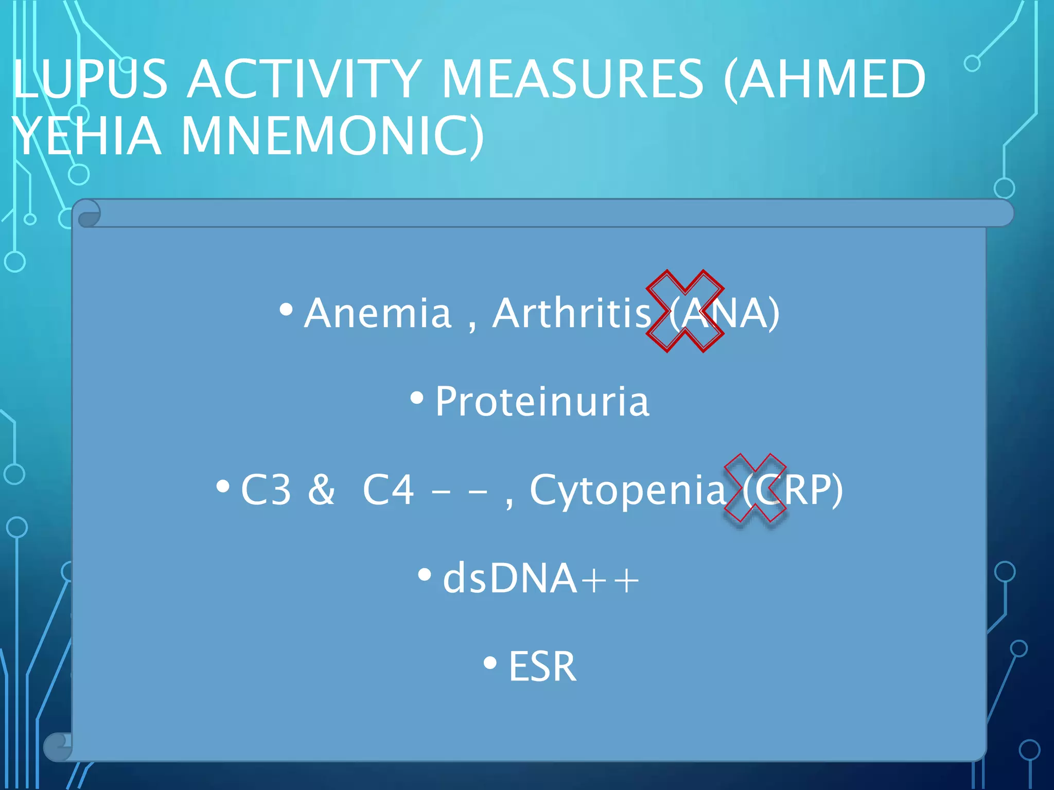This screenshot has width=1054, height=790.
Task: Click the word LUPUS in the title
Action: (91, 80)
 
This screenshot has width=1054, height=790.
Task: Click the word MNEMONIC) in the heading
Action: (332, 136)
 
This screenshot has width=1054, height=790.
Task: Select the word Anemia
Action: (378, 313)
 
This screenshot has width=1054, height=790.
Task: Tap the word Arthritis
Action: (572, 313)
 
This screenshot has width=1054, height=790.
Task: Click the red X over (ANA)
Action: (685, 311)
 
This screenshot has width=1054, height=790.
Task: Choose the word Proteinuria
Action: (542, 402)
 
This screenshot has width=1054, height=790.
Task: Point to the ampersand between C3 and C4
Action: (321, 490)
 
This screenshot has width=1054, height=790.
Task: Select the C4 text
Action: (389, 490)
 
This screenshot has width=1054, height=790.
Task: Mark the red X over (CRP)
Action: (755, 488)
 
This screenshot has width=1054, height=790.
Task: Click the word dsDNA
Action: (510, 579)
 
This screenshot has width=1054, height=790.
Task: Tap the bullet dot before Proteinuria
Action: (417, 398)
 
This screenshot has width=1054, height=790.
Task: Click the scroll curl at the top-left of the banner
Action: (89, 214)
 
